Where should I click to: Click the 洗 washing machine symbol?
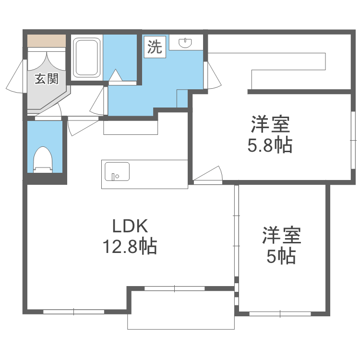pyautogui.click(x=155, y=47)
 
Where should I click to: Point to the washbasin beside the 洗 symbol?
pyautogui.click(x=186, y=43)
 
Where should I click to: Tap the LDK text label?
pyautogui.click(x=129, y=226)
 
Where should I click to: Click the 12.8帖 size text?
pyautogui.click(x=129, y=247)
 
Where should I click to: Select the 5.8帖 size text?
pyautogui.click(x=269, y=145)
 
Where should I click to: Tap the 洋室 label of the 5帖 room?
pyautogui.click(x=281, y=236)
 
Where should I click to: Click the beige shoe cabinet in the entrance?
pyautogui.click(x=46, y=41)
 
